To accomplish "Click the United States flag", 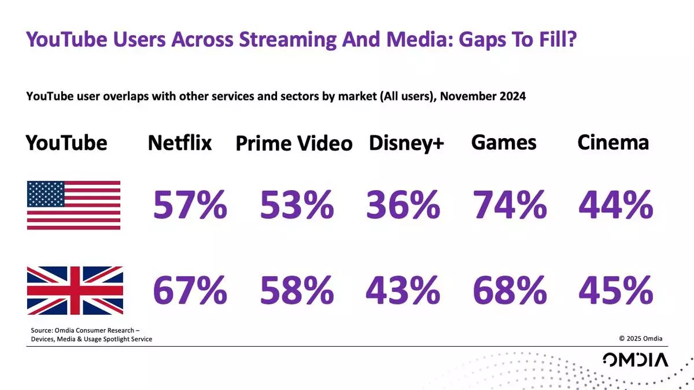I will [73, 205].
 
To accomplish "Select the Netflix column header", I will [180, 143].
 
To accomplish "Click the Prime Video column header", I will [294, 144].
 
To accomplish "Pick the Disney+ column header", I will [406, 143].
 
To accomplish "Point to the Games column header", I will [504, 142].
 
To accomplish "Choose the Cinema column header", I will [613, 142].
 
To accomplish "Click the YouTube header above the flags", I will [67, 143].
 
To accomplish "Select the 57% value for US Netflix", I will [190, 205].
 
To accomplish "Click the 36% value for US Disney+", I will [403, 205].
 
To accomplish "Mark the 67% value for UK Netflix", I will [190, 291].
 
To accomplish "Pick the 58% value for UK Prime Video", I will [297, 291].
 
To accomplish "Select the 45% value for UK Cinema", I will [616, 291].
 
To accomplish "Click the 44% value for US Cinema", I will [616, 205].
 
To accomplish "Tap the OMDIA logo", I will [635, 360].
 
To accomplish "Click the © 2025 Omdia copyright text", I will [641, 339].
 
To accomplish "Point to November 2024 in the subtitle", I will [483, 96].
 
